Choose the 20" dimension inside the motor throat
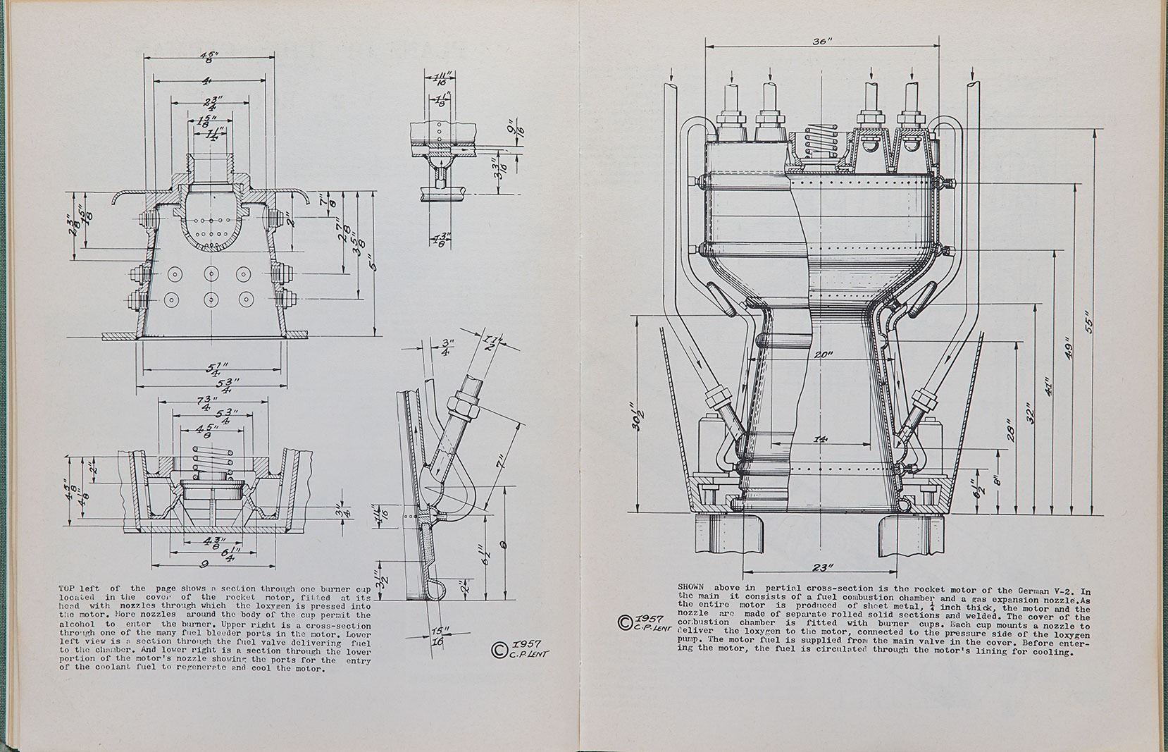[823, 355]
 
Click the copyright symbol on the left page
[498, 649]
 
